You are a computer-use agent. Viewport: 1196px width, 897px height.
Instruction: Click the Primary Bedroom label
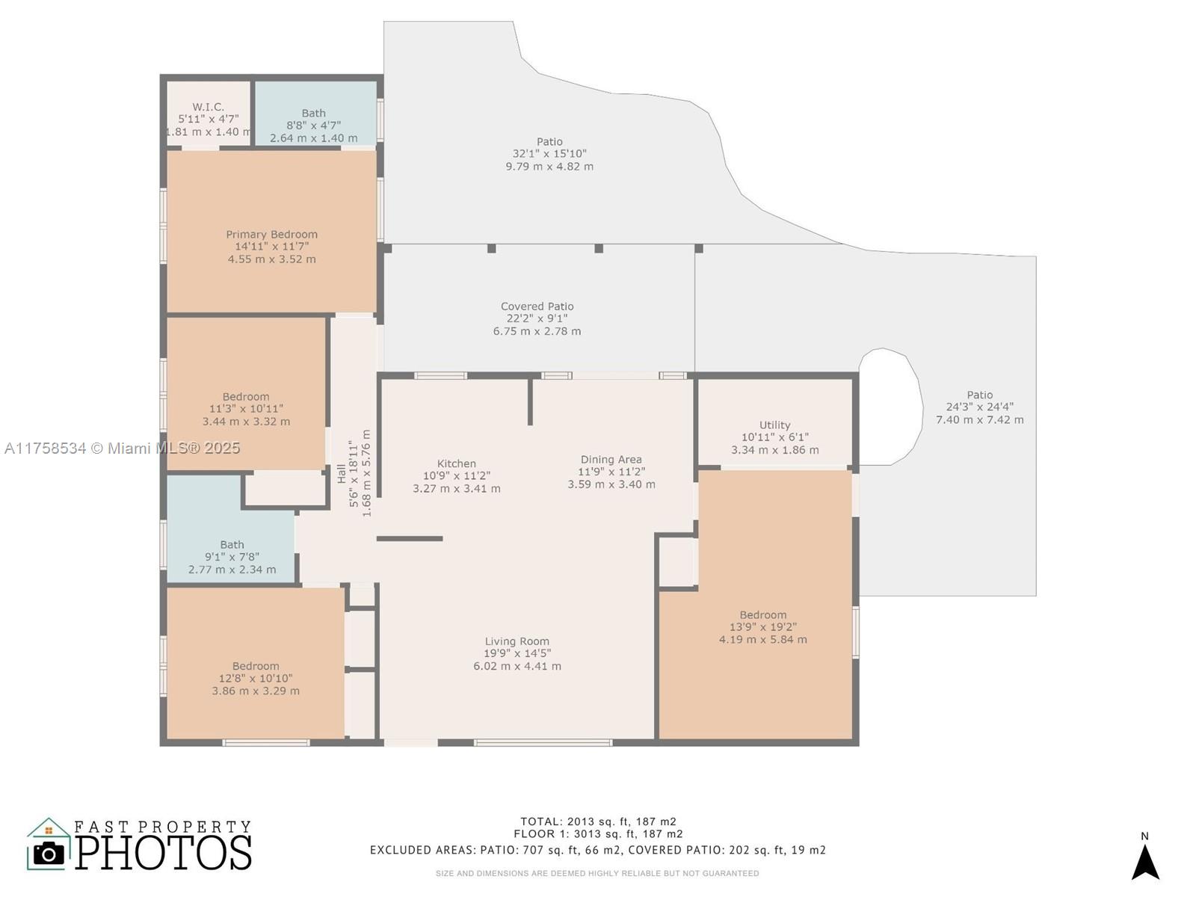(x=271, y=235)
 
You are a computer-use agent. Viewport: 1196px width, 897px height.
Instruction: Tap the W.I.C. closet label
(x=208, y=108)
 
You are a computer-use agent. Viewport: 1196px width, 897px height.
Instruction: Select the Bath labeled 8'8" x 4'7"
(x=313, y=126)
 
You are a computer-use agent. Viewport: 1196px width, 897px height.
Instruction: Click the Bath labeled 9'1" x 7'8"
(x=232, y=557)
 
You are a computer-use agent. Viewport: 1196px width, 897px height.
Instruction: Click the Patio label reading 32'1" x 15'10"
(x=549, y=153)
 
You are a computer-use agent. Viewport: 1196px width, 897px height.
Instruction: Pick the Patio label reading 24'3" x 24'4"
(x=979, y=407)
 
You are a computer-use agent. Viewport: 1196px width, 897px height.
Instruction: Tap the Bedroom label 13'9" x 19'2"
(x=762, y=627)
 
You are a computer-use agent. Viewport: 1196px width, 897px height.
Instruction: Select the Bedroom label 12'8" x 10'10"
(x=255, y=678)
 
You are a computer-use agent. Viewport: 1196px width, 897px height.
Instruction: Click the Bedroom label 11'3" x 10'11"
(x=246, y=409)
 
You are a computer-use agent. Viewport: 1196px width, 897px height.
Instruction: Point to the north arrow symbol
(x=1144, y=861)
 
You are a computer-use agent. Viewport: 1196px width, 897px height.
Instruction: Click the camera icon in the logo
(x=49, y=853)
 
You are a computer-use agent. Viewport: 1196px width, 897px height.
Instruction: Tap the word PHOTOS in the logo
(x=163, y=853)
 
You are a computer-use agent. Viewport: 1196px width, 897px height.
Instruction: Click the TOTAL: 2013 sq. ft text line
(x=598, y=822)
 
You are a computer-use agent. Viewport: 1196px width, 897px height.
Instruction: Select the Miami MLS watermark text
(x=122, y=448)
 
